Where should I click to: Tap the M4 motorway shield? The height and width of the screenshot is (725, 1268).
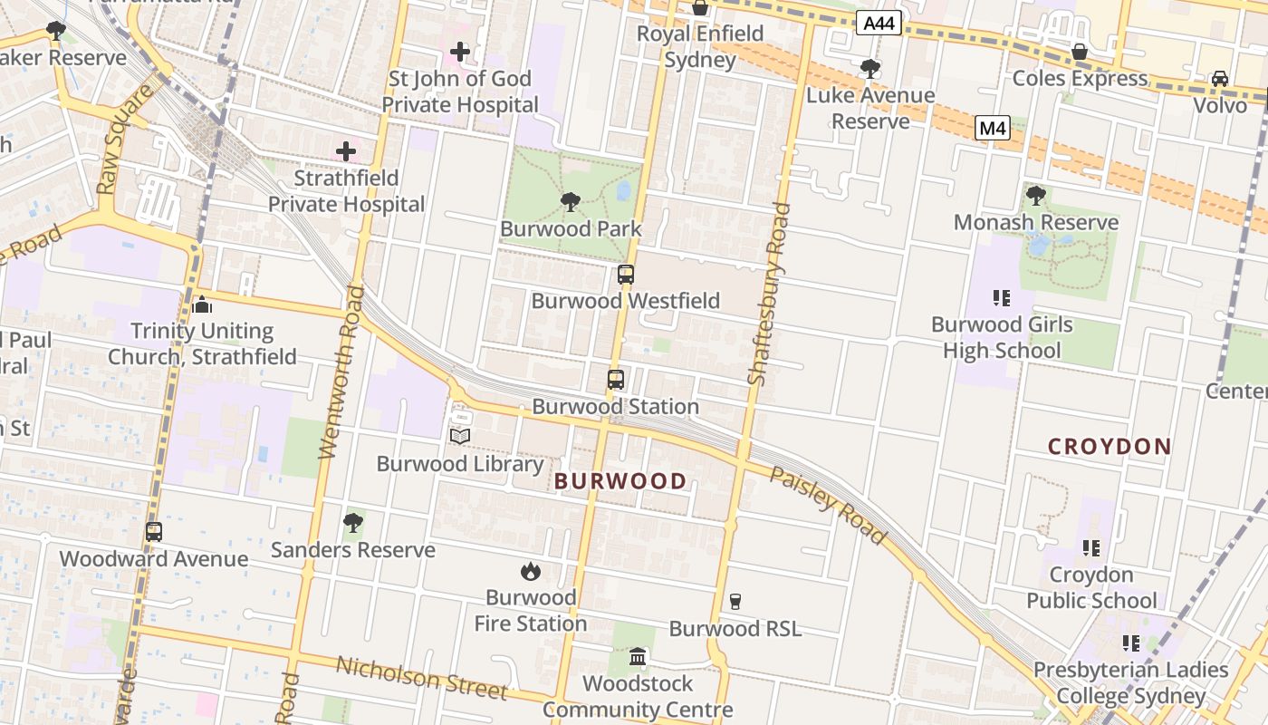(x=993, y=129)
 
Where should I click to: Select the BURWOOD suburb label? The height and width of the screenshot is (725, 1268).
(x=620, y=481)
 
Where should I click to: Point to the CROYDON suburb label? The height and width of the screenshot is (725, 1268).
(x=1109, y=447)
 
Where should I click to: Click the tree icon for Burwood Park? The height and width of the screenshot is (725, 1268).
(x=571, y=202)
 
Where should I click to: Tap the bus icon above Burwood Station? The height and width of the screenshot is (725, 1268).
(x=616, y=380)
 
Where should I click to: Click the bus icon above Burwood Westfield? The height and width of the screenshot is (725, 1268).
(x=625, y=275)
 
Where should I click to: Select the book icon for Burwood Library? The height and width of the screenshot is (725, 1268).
(x=460, y=437)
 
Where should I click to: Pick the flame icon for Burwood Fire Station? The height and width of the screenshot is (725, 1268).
(x=531, y=571)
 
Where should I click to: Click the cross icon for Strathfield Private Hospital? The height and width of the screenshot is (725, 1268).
(x=346, y=151)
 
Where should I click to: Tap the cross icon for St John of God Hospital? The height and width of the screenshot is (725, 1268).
(x=460, y=52)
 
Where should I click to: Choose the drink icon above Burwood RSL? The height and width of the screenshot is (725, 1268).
(x=735, y=602)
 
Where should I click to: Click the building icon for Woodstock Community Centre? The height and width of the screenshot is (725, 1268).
(x=638, y=656)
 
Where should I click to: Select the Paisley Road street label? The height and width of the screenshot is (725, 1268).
(x=828, y=506)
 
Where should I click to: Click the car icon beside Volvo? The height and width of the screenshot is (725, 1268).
(x=1220, y=79)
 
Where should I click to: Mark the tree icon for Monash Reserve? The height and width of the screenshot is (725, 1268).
(x=1036, y=195)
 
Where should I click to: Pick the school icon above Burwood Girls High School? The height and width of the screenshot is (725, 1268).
(x=1001, y=297)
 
